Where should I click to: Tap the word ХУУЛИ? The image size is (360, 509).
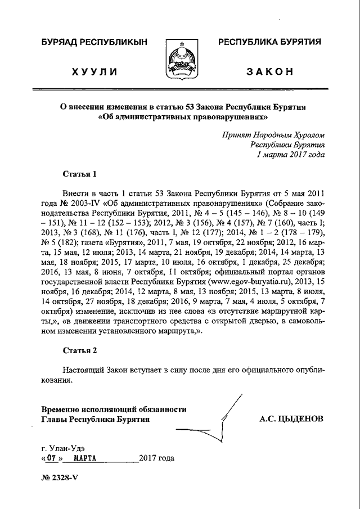point(94,72)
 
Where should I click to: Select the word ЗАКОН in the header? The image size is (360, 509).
point(269,72)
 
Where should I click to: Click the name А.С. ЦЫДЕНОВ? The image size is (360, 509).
point(291,419)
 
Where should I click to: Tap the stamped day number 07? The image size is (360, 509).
point(52,458)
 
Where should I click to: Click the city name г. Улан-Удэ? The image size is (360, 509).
point(63,448)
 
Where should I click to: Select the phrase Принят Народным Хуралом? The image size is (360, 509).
point(273,134)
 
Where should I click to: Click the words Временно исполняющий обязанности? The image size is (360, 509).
point(114,409)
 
